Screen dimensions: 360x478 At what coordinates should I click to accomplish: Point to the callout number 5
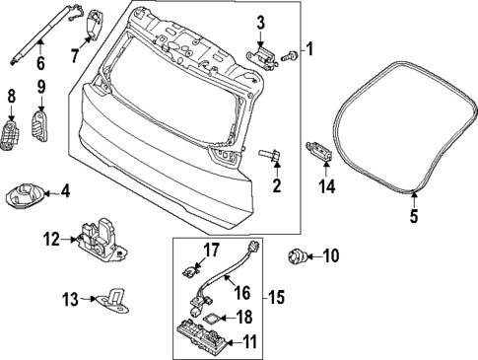click(x=414, y=216)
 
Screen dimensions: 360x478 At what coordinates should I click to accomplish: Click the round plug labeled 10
click(x=297, y=258)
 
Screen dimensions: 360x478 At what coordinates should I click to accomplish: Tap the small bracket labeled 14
click(x=318, y=151)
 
